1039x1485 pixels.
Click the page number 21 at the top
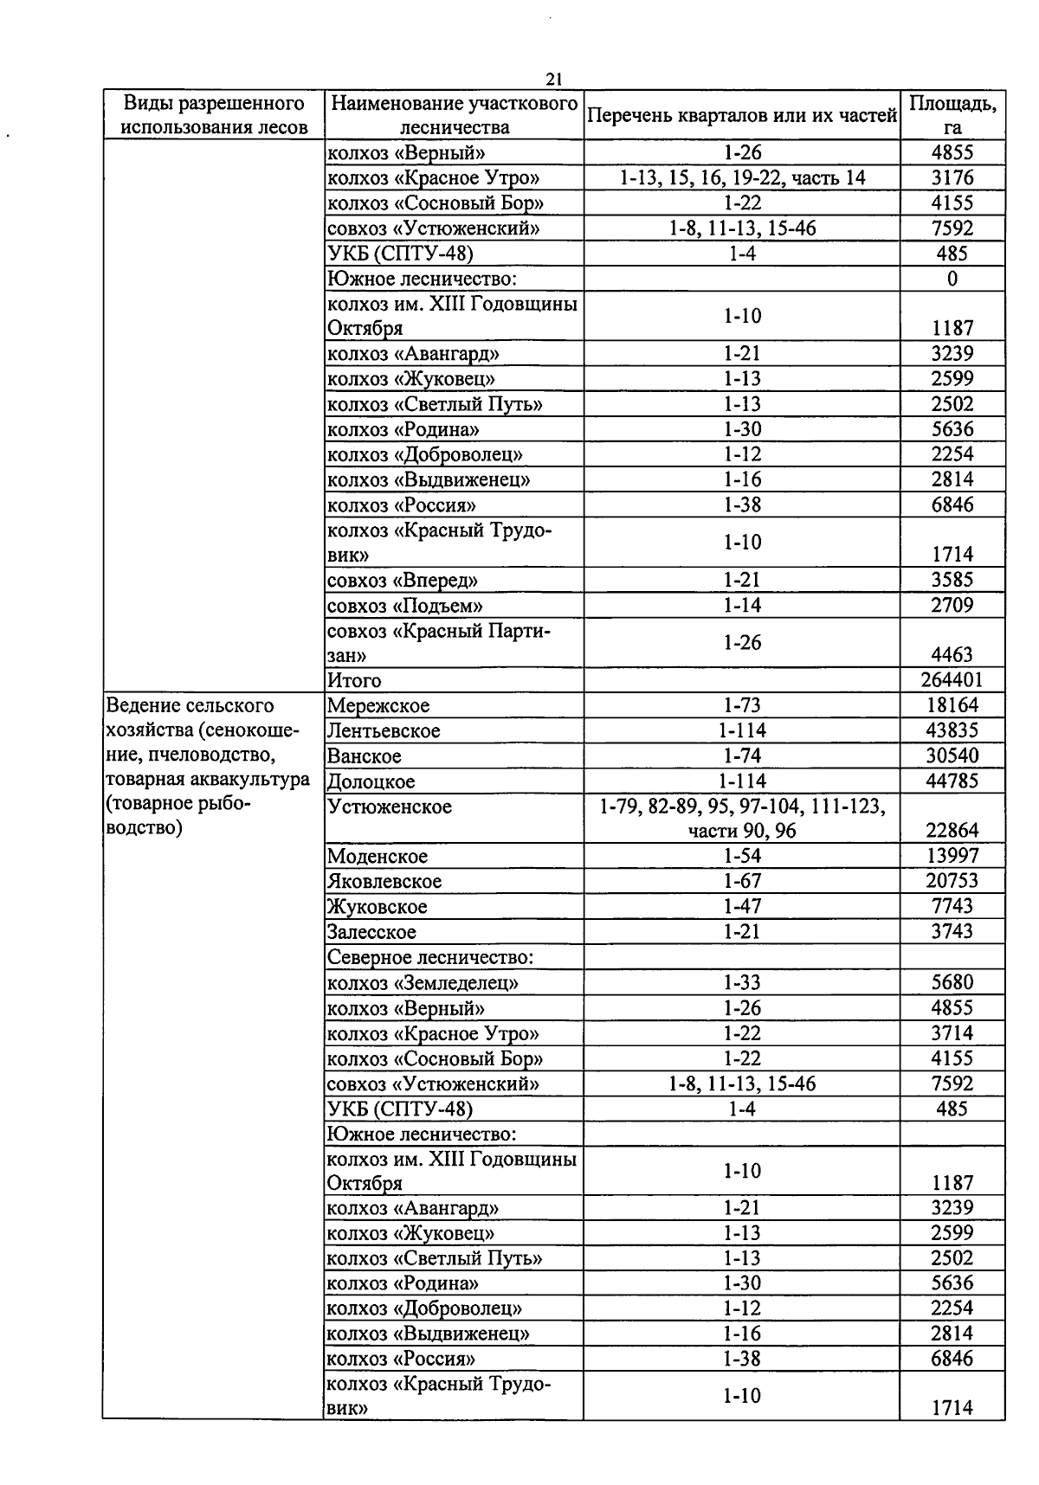pos(554,79)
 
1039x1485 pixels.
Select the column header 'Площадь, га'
pos(952,114)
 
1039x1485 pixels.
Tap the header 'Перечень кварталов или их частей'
pos(741,115)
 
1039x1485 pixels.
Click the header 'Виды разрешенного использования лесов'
pos(214,115)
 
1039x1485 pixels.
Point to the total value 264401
pos(952,680)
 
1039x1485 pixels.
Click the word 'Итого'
pos(354,680)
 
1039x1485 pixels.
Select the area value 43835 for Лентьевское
pos(952,730)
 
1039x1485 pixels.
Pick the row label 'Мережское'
pos(378,706)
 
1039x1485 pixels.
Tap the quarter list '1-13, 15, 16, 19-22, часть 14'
pos(742,178)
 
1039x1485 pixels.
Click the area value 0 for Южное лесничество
pos(952,279)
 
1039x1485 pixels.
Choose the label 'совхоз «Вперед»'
pos(403,580)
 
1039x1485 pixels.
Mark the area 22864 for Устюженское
pos(952,831)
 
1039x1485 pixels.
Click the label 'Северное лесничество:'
pos(429,958)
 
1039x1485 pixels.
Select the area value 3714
pos(952,1033)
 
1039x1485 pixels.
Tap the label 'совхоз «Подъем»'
pos(404,605)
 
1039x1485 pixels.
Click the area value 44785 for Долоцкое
pos(952,781)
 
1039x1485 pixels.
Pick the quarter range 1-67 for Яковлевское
pos(742,881)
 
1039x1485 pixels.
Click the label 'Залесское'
pos(371,932)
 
